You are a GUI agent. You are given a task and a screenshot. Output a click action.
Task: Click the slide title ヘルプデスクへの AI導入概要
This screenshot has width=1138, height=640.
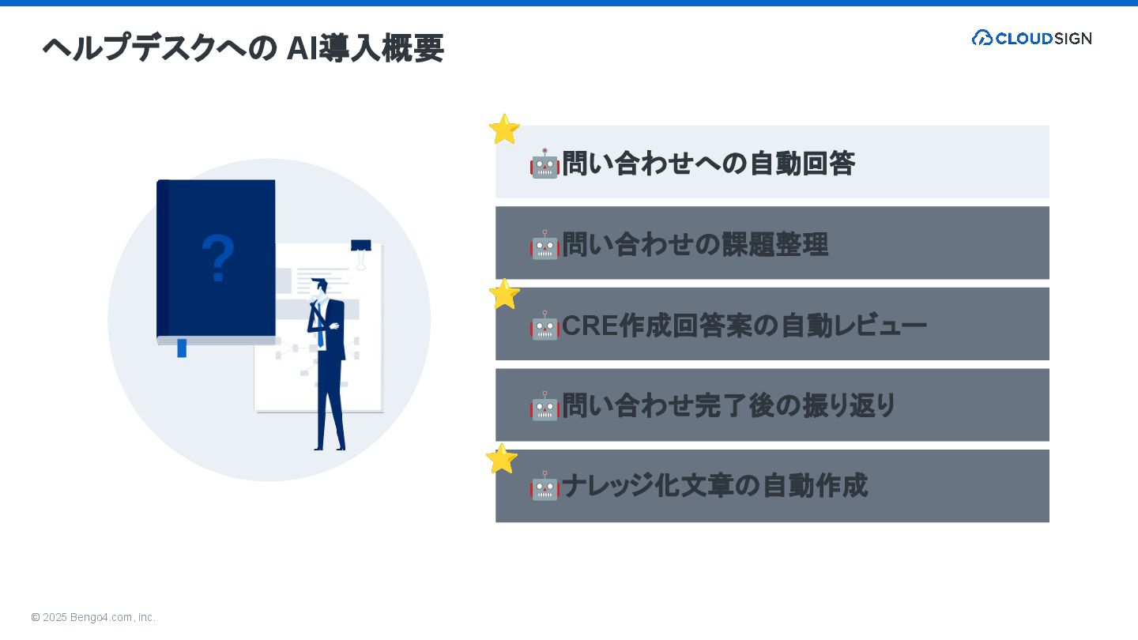[243, 48]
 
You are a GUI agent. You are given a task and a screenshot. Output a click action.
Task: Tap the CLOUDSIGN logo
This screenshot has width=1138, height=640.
[1031, 38]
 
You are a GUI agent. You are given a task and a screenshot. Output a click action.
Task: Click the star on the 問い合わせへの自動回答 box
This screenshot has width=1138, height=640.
[503, 129]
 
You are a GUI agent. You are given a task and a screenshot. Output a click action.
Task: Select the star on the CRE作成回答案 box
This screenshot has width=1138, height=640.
[504, 294]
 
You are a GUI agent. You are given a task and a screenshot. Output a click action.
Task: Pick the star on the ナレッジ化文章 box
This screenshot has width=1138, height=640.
[501, 459]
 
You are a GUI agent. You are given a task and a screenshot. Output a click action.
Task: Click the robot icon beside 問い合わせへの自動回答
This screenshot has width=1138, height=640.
[545, 164]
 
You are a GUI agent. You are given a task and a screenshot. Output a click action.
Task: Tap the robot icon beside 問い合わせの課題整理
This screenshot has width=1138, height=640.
[545, 245]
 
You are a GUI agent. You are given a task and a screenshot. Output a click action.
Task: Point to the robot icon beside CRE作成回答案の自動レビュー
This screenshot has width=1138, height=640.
[545, 326]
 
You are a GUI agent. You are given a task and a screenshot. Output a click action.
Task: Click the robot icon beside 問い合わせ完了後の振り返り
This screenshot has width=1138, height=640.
[545, 406]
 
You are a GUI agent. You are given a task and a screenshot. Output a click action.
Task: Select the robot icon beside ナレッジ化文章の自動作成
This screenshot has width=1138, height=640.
[545, 487]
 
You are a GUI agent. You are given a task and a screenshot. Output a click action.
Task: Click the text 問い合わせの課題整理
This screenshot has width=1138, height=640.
[695, 245]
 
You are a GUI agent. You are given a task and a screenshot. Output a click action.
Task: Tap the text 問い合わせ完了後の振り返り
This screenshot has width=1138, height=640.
[729, 406]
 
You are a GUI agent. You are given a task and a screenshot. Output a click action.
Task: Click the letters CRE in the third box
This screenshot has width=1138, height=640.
[590, 326]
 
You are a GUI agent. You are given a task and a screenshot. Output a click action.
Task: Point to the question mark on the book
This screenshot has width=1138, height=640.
[218, 258]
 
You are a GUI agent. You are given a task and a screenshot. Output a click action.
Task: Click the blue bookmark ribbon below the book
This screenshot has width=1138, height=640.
[182, 348]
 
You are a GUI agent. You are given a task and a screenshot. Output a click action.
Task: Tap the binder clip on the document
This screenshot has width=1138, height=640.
[361, 251]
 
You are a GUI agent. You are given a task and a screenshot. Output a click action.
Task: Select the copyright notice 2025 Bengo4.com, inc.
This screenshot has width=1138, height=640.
[93, 617]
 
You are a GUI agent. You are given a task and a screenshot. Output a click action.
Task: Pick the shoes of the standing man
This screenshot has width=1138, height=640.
[330, 448]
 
